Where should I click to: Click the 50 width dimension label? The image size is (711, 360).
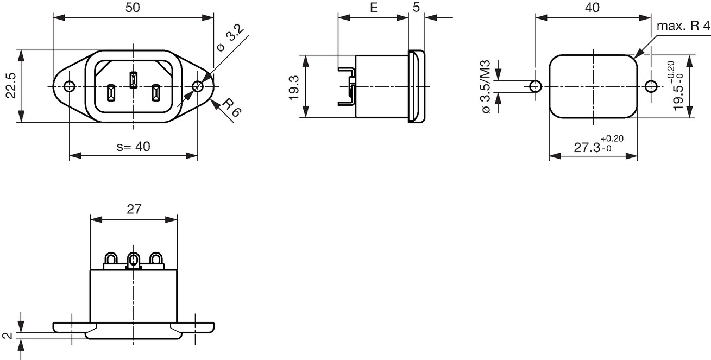click(133, 8)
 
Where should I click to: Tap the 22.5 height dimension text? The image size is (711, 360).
click(11, 86)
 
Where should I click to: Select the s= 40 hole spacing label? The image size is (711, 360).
click(133, 147)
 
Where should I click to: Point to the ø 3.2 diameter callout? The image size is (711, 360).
click(230, 39)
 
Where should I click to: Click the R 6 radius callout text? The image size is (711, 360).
click(232, 108)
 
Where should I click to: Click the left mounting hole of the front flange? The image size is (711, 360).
click(69, 86)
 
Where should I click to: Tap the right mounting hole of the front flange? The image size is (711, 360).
click(198, 86)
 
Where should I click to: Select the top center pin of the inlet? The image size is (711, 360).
click(133, 80)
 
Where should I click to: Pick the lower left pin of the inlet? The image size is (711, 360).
click(111, 93)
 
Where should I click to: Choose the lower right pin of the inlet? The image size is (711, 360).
click(156, 93)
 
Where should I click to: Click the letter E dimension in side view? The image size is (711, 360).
click(374, 8)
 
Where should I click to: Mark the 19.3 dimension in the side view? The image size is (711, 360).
click(294, 88)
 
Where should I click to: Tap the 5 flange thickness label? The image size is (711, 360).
click(416, 7)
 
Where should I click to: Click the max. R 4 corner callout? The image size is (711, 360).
click(683, 26)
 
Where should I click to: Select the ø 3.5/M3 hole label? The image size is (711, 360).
click(486, 86)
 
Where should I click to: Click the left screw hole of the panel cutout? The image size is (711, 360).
click(536, 86)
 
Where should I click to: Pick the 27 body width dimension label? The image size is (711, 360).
click(134, 210)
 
